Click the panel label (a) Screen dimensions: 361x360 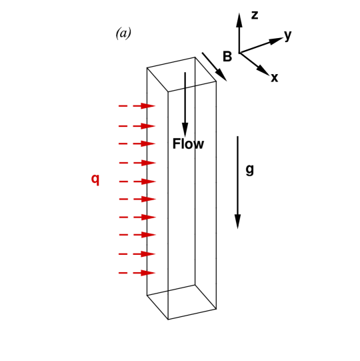(x=123, y=33)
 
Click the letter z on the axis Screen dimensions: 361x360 (x=254, y=15)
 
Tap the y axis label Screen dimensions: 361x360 (x=287, y=35)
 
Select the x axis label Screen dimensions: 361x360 (x=274, y=77)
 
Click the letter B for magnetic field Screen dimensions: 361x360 (x=227, y=57)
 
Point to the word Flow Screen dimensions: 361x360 (x=188, y=143)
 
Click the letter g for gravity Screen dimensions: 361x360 (x=249, y=169)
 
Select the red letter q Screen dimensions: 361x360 (x=95, y=179)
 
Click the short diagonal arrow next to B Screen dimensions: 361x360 (x=214, y=67)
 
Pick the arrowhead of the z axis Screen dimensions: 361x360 (x=239, y=17)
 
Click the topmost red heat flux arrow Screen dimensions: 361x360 (x=137, y=105)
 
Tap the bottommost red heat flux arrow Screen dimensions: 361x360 (x=137, y=272)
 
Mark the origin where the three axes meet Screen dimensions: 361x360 (x=239, y=53)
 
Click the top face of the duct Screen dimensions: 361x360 (x=181, y=73)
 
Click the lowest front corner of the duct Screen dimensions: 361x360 (x=167, y=319)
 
